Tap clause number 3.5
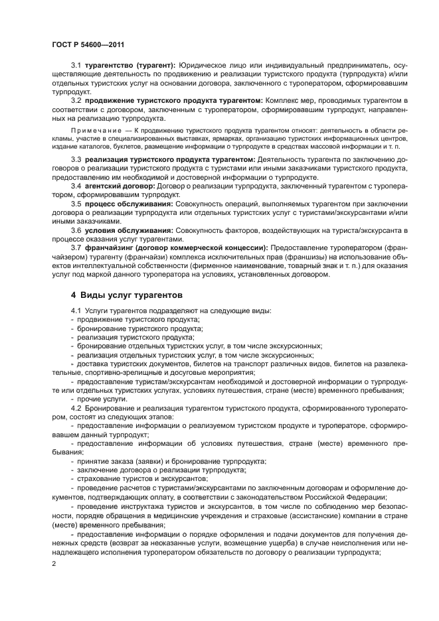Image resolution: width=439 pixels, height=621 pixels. coord(76,204)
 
